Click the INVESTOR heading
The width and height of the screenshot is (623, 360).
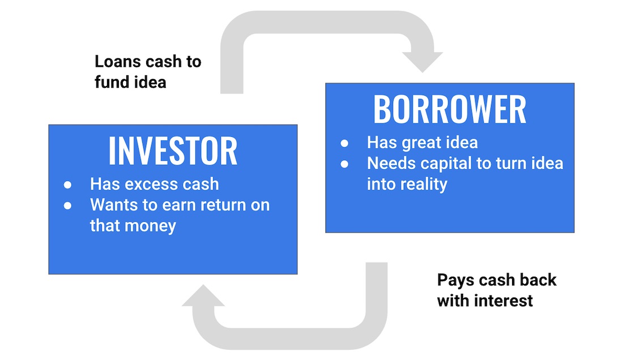click(x=173, y=151)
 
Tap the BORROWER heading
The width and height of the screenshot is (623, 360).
click(x=450, y=109)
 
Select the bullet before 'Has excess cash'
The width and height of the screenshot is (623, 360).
click(x=67, y=185)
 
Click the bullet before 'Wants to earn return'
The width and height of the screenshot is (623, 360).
click(x=67, y=205)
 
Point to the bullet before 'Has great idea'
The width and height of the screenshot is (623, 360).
click(x=344, y=143)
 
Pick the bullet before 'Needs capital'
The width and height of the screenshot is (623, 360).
click(x=344, y=164)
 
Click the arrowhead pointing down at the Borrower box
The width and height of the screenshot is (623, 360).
click(x=423, y=62)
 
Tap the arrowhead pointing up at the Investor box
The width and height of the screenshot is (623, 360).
click(x=203, y=295)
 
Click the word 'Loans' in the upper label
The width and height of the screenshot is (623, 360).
click(x=118, y=62)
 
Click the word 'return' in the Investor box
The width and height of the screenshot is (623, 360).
click(x=223, y=205)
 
